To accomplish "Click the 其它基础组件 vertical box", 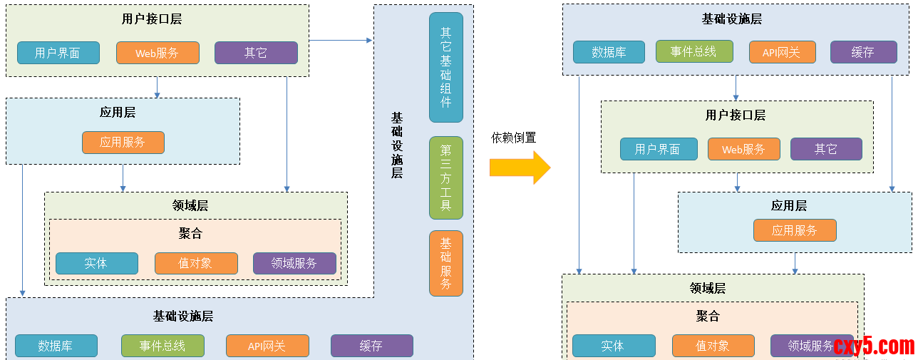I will (446, 67).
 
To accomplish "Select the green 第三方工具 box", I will (446, 178).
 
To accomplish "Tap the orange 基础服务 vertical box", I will (446, 263).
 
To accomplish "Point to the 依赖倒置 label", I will (513, 138).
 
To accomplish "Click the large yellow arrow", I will (520, 168).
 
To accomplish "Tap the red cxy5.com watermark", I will (874, 346).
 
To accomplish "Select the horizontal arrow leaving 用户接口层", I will (341, 41).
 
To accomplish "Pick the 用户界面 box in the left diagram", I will (58, 53).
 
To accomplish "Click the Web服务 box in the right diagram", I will (743, 149).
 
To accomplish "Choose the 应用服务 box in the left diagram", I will (123, 142).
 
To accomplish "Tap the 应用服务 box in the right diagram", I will (795, 230).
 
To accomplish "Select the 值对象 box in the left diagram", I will (195, 263).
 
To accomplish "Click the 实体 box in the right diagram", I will (613, 346).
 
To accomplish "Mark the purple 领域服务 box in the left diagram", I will (294, 263).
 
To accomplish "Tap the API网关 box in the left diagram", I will (267, 346).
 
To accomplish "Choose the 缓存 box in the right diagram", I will (863, 52).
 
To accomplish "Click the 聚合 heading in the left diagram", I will (190, 234).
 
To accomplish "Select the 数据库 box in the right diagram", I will (609, 52).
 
